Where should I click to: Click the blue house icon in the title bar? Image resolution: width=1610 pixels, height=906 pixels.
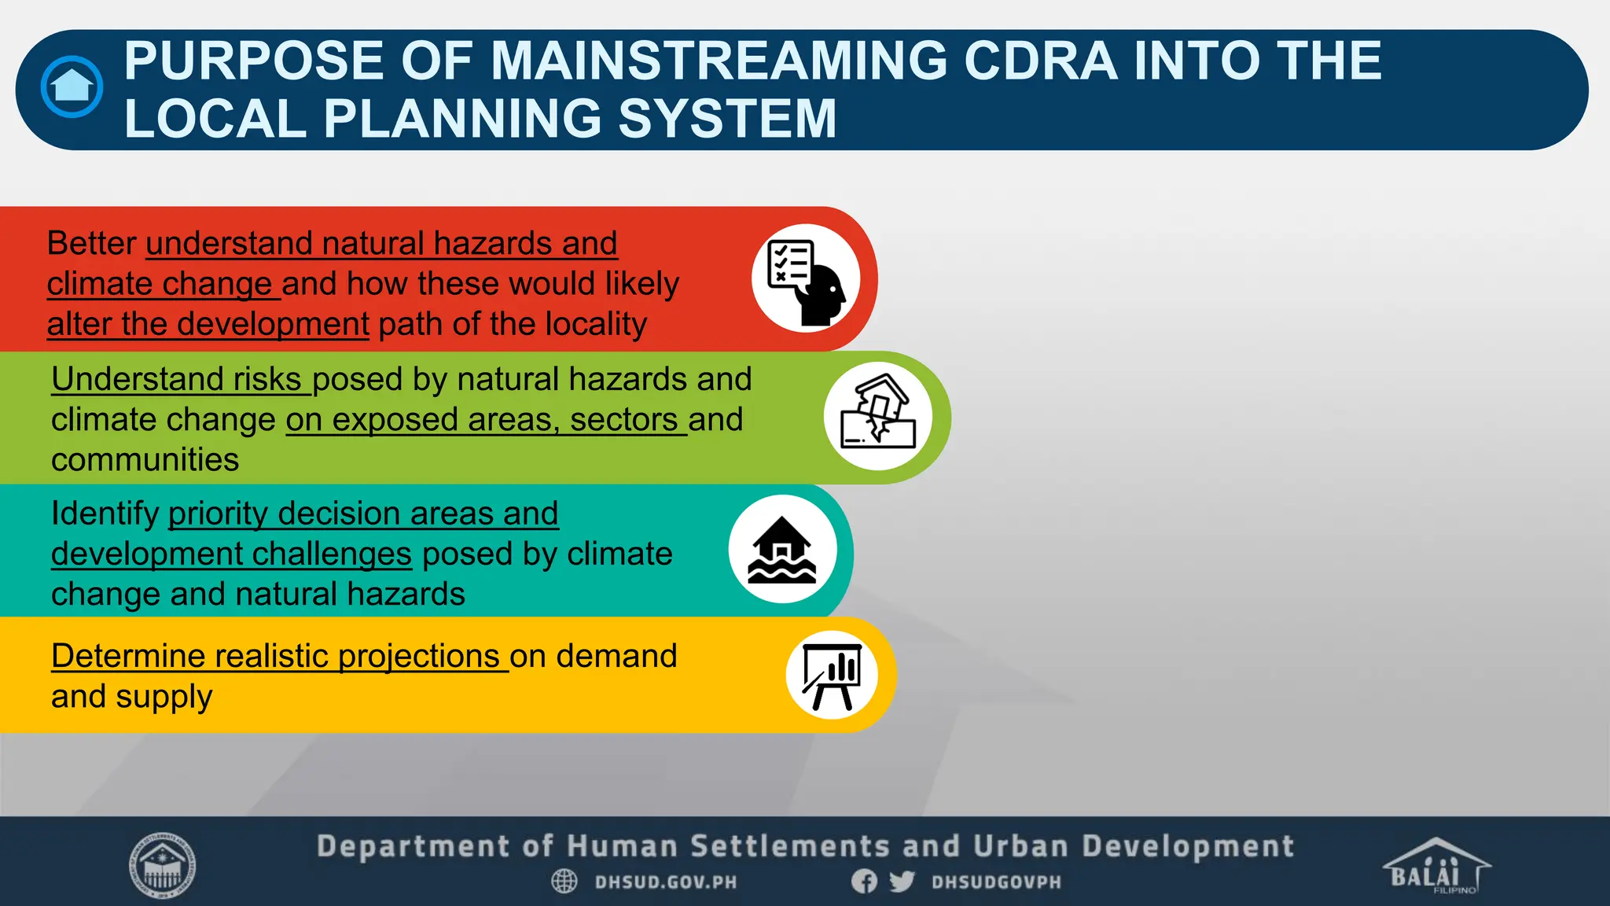(72, 87)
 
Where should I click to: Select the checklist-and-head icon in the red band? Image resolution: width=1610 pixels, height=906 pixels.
(806, 279)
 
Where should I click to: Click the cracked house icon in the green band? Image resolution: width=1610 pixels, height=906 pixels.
(878, 416)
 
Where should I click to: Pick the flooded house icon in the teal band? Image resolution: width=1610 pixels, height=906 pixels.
(782, 549)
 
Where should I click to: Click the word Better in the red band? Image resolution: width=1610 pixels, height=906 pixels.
(92, 243)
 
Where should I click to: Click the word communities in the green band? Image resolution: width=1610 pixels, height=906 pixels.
(145, 460)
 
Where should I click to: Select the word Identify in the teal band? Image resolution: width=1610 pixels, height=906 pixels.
(105, 514)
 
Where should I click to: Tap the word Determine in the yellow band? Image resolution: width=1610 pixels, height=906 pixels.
(128, 656)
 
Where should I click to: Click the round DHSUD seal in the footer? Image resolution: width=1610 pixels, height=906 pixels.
(162, 865)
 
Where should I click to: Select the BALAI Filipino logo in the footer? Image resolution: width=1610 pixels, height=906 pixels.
(1435, 866)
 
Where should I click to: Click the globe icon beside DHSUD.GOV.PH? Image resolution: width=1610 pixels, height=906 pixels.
(564, 881)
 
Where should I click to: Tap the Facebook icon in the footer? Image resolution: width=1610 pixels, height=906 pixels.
(864, 881)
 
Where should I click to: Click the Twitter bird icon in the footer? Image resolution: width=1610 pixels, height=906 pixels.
(902, 881)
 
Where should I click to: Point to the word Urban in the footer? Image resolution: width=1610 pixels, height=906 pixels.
(1020, 847)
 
